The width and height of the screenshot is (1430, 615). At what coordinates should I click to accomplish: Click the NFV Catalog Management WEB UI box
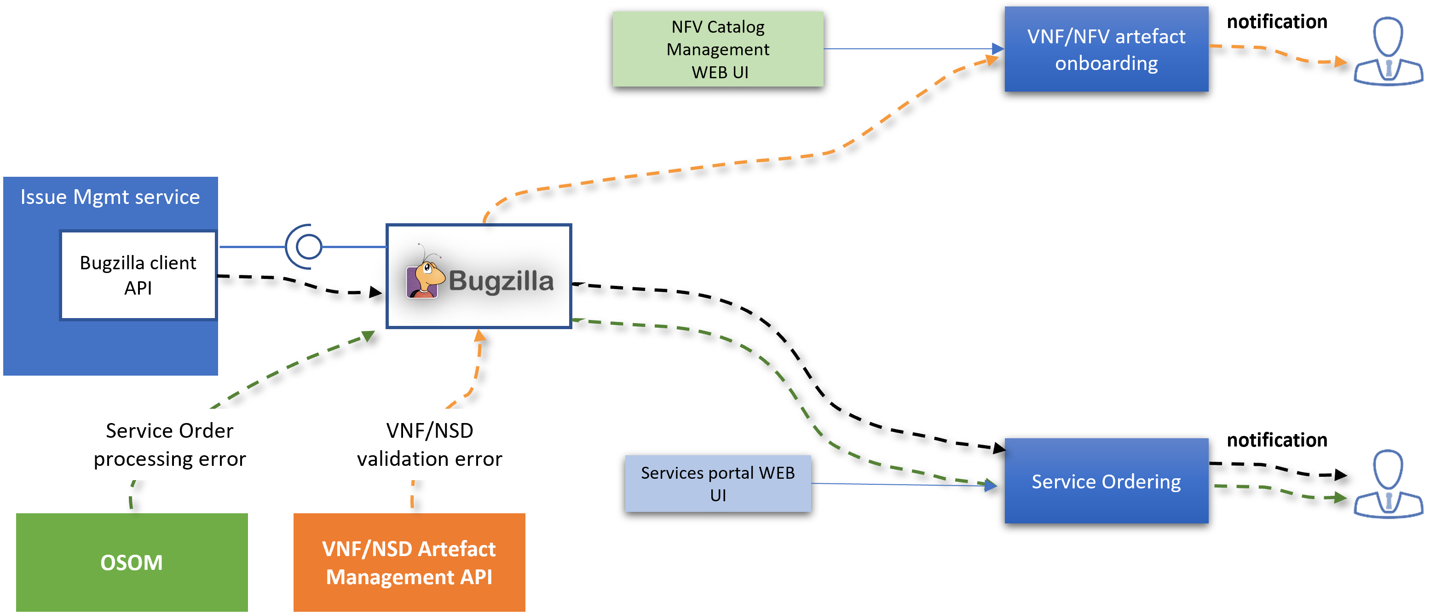click(717, 49)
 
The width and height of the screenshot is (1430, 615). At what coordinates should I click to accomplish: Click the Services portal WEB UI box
click(717, 483)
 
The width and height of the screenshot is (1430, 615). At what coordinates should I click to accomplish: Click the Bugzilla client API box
click(138, 275)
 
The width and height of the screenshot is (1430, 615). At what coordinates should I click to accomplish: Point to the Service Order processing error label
click(170, 444)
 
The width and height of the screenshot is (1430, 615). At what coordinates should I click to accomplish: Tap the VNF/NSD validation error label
click(430, 444)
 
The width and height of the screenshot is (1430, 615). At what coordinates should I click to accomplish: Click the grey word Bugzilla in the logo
click(501, 280)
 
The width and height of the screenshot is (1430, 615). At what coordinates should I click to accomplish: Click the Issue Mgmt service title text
click(110, 197)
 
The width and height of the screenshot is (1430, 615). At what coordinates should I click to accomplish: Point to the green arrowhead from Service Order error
click(369, 336)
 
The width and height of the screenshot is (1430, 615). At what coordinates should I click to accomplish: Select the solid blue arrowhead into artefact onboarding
click(998, 49)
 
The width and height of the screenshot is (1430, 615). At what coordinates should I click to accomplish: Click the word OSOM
click(132, 562)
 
